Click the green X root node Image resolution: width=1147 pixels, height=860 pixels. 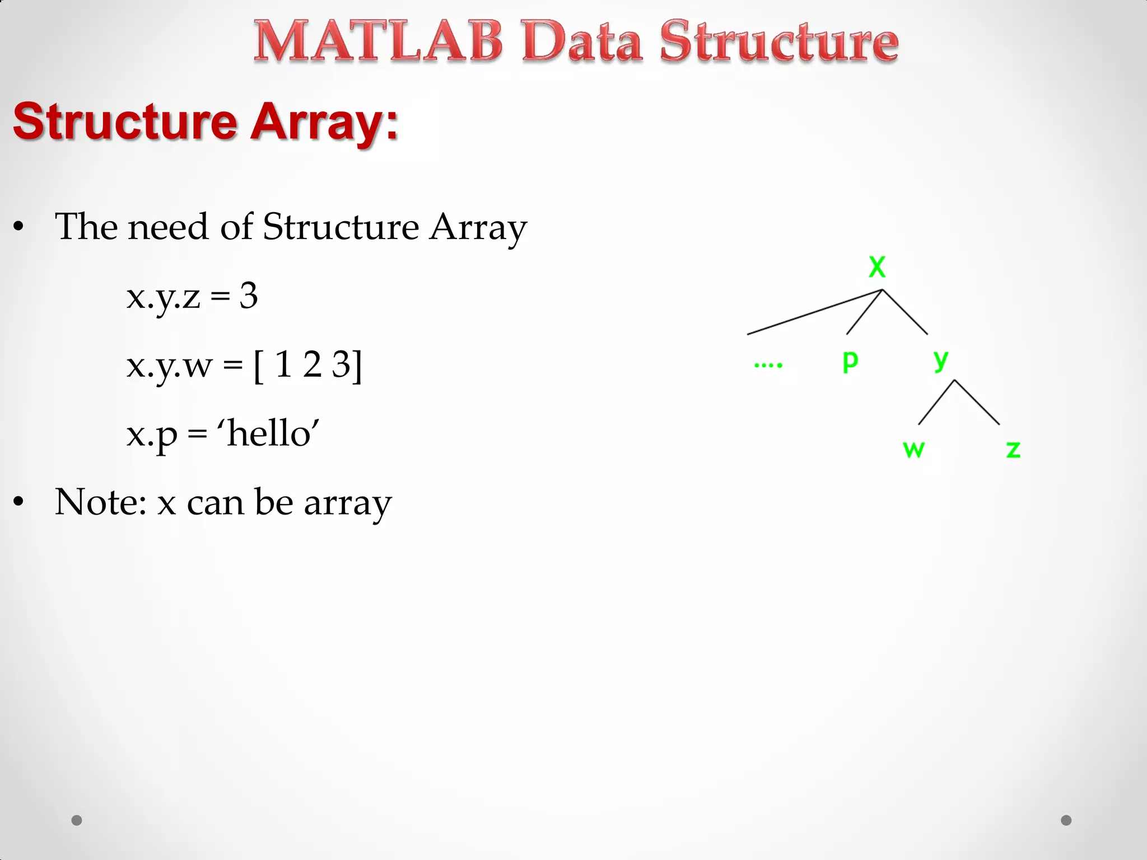pos(877,267)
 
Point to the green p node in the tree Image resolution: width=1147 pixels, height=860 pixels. pos(850,361)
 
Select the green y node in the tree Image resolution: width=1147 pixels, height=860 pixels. pos(941,358)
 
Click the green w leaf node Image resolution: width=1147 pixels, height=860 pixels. pos(913,450)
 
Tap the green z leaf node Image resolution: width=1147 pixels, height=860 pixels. pos(1013,450)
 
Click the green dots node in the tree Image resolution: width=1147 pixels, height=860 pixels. pos(768,365)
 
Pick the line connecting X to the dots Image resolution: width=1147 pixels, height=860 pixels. pos(814,312)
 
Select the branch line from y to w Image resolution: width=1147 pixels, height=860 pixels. pos(936,402)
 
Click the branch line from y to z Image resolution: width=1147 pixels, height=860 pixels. pos(977,402)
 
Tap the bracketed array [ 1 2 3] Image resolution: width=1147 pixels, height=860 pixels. pos(308,365)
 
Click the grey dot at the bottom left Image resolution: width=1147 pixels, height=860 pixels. pos(77,820)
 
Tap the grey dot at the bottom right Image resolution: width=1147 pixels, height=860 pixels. pos(1066,820)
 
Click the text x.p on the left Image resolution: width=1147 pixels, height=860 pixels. pos(152,434)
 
